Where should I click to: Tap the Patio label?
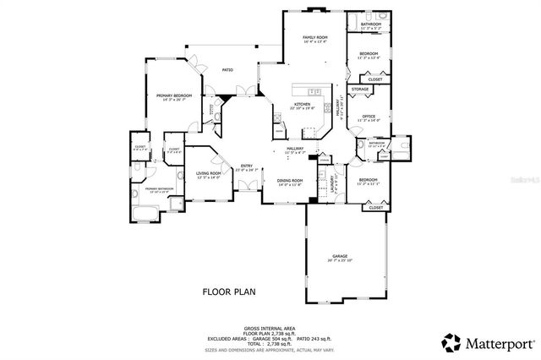pos(227,70)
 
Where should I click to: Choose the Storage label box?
pos(360,88)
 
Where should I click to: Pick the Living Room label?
pos(209,175)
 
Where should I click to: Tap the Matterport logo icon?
pos(451,342)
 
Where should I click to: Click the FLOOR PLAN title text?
pos(228,292)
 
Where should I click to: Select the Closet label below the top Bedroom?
pos(375,79)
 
